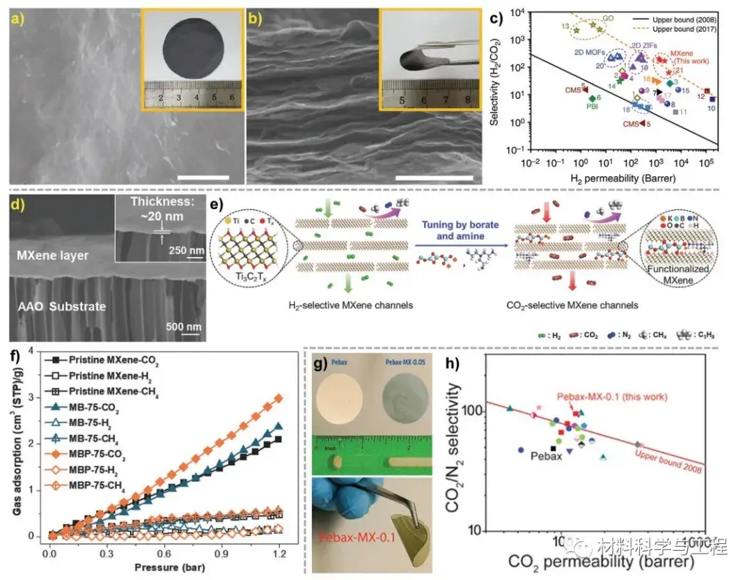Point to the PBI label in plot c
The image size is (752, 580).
[x=593, y=107]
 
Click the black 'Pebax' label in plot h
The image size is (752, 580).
[x=547, y=456]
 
